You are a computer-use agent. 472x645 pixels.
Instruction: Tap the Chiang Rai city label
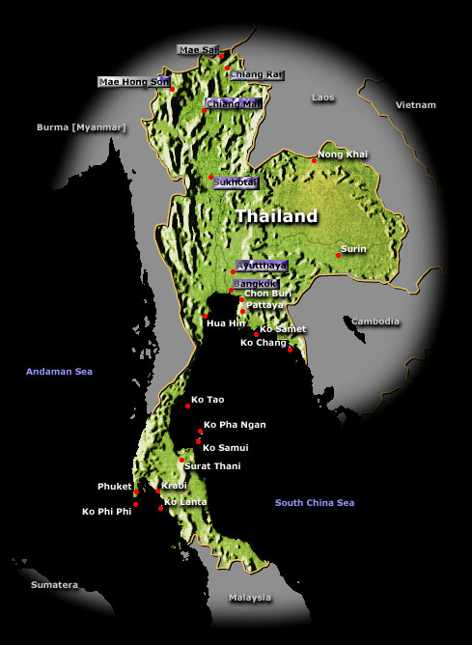pyautogui.click(x=256, y=73)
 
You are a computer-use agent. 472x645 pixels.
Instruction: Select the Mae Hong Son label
pyautogui.click(x=134, y=82)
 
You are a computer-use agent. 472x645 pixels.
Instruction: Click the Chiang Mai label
pyautogui.click(x=233, y=103)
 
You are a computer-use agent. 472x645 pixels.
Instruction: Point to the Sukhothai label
pyautogui.click(x=236, y=182)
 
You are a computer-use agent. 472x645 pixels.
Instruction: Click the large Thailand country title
pyautogui.click(x=276, y=216)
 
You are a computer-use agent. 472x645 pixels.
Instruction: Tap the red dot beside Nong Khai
pyautogui.click(x=314, y=160)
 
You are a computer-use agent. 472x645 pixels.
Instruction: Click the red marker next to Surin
pyautogui.click(x=338, y=255)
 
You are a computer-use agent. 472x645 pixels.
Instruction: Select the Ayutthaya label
pyautogui.click(x=262, y=265)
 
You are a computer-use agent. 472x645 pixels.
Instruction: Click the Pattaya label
pyautogui.click(x=265, y=305)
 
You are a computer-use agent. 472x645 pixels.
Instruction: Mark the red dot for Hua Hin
pyautogui.click(x=205, y=316)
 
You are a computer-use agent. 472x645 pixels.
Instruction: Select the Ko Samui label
pyautogui.click(x=225, y=447)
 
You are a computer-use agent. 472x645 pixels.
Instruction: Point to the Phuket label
pyautogui.click(x=114, y=487)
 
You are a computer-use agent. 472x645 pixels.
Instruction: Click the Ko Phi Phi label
pyautogui.click(x=106, y=511)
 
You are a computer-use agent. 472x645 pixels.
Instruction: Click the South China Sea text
pyautogui.click(x=315, y=502)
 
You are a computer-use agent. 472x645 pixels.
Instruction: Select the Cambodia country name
pyautogui.click(x=375, y=322)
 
